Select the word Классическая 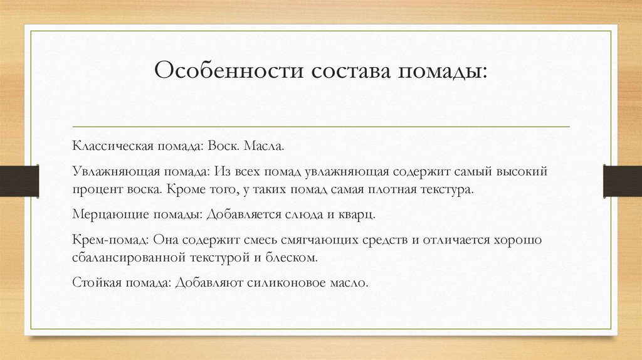click(110, 146)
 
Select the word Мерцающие click(103, 214)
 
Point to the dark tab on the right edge click(623, 181)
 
